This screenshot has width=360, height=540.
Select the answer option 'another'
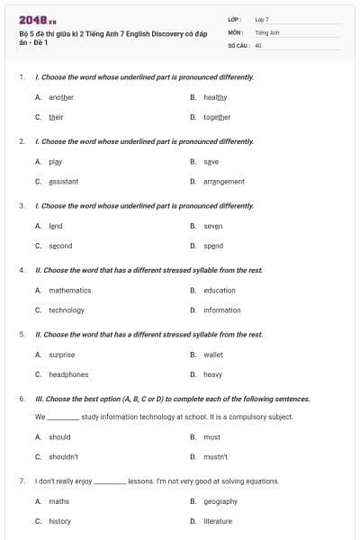(61, 97)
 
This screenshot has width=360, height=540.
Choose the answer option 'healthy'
(215, 97)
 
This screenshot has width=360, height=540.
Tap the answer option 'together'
(217, 117)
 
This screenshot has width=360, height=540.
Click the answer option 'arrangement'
(223, 181)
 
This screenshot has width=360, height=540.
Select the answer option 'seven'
(212, 226)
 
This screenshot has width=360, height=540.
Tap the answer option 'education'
(219, 291)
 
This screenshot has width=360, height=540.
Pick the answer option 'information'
(221, 310)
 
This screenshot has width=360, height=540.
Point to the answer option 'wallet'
(212, 355)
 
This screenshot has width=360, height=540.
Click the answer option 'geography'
(220, 501)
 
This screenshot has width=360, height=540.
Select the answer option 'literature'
(218, 521)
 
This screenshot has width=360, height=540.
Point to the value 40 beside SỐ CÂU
(258, 44)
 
